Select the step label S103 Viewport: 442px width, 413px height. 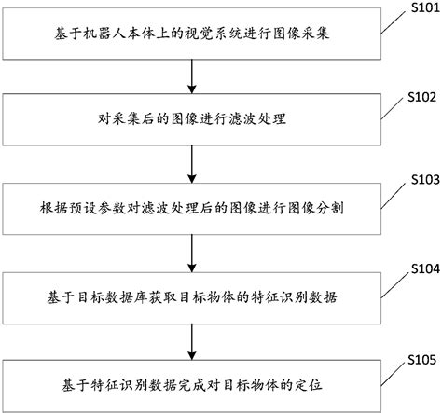click(x=417, y=179)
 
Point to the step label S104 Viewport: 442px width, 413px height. click(x=417, y=268)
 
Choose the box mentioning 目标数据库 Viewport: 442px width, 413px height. click(x=190, y=296)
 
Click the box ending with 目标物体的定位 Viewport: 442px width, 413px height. click(x=190, y=384)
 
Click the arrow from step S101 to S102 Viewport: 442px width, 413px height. click(x=191, y=76)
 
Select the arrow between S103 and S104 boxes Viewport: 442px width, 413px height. click(x=191, y=253)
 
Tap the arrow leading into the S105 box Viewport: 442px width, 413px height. click(x=191, y=340)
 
